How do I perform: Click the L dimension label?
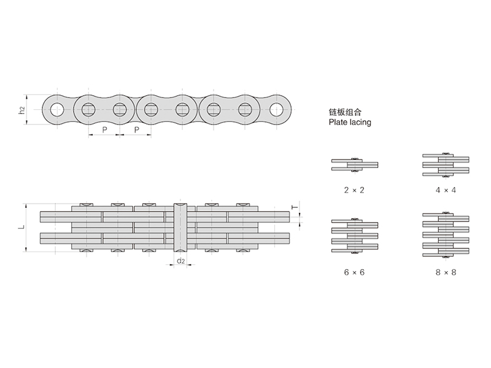pyautogui.click(x=21, y=227)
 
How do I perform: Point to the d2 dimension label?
pyautogui.click(x=181, y=261)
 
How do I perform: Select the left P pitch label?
pyautogui.click(x=104, y=130)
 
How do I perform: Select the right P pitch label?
pyautogui.click(x=136, y=130)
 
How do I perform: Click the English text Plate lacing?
pyautogui.click(x=350, y=123)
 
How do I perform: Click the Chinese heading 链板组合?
pyautogui.click(x=347, y=113)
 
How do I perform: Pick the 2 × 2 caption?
pyautogui.click(x=355, y=190)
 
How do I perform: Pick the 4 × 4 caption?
pyautogui.click(x=446, y=190)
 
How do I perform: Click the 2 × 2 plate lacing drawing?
pyautogui.click(x=355, y=164)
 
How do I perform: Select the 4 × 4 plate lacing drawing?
pyautogui.click(x=446, y=164)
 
